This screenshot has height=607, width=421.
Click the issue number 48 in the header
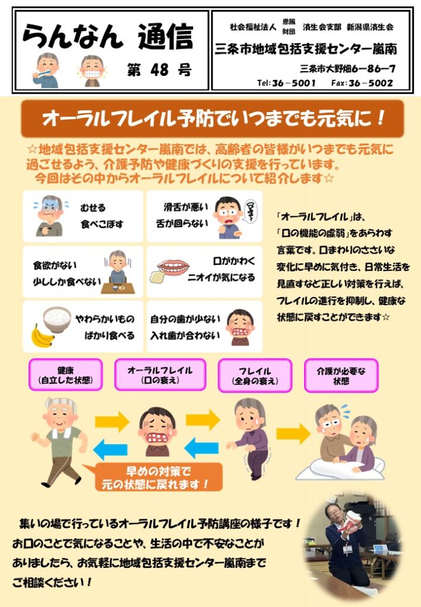[159, 70]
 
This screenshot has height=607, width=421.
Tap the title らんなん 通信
[107, 37]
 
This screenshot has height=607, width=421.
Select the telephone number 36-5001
[293, 83]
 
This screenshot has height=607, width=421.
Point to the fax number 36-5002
[371, 83]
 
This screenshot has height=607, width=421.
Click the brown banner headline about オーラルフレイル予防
[213, 119]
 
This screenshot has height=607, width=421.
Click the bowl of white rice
[57, 320]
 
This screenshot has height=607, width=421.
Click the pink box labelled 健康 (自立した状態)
[65, 375]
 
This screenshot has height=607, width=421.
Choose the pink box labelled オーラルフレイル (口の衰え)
[160, 375]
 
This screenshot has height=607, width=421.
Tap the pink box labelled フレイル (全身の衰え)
[255, 375]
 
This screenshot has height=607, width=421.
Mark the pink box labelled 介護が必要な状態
[341, 375]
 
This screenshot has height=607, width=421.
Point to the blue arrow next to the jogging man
[111, 449]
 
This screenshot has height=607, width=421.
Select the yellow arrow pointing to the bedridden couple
[293, 433]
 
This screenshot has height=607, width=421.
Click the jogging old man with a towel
[62, 441]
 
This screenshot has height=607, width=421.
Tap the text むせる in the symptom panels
[93, 208]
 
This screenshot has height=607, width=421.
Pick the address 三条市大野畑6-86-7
[347, 69]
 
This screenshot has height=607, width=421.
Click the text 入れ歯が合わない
[185, 336]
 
